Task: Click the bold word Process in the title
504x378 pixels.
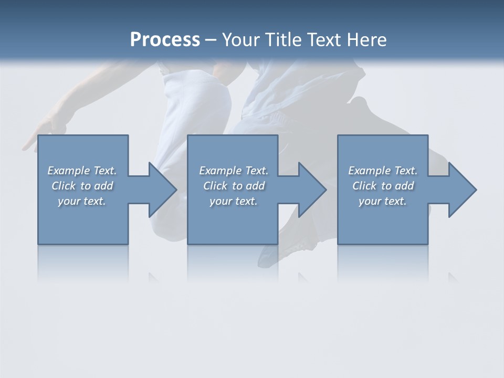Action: [x=165, y=40]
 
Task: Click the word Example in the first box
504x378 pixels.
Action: [x=69, y=171]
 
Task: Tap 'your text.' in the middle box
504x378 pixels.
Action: [x=233, y=201]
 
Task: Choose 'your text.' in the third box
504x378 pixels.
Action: [x=382, y=201]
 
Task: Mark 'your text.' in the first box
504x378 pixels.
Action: [x=82, y=201]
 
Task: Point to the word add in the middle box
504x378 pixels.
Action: [x=255, y=186]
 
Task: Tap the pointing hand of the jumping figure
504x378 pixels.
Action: [x=41, y=134]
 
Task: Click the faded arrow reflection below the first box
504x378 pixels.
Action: [x=154, y=277]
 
